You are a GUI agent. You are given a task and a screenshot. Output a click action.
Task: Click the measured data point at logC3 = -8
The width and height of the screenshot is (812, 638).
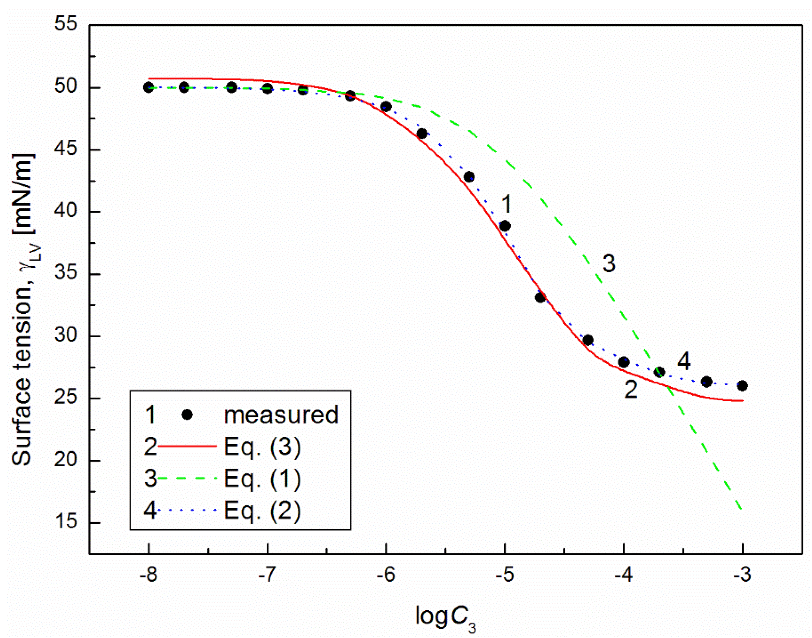tap(149, 87)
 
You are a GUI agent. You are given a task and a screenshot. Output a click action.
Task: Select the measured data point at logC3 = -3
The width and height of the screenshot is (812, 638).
tap(743, 386)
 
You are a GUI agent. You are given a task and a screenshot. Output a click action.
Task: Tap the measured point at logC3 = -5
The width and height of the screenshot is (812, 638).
tap(505, 226)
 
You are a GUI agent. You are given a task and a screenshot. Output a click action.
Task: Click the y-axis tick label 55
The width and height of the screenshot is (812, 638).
tap(66, 25)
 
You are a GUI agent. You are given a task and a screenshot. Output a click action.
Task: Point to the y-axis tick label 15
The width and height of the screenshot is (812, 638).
tap(66, 522)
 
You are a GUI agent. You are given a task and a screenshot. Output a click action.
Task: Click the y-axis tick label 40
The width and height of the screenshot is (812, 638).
tap(66, 211)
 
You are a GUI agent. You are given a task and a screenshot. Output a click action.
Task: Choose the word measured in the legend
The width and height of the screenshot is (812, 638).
tap(281, 415)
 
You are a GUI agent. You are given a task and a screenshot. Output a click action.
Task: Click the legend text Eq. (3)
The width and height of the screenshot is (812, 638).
tap(262, 447)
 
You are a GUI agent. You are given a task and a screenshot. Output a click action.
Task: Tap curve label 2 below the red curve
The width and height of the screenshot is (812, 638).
tap(631, 390)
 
